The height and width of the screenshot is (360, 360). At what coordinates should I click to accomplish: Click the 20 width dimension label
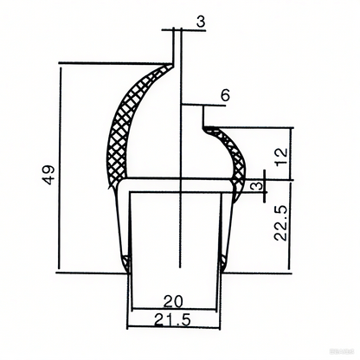pos(172,301)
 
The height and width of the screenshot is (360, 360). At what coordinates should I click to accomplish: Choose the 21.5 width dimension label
pos(173,321)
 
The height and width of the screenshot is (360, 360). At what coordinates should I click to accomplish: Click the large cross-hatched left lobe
pos(125,130)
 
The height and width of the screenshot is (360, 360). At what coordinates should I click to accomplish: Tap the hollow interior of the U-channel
pos(173,234)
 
